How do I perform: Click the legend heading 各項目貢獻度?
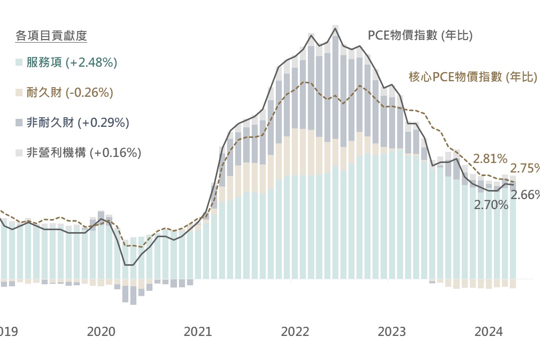[x=51, y=36]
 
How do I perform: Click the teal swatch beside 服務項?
[x=19, y=63]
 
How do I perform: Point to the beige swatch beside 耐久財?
[x=19, y=93]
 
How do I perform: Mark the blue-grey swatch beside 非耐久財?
[x=19, y=123]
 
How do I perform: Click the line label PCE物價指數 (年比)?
[x=420, y=35]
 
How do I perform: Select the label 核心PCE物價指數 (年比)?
[x=473, y=77]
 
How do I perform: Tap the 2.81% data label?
[x=490, y=159]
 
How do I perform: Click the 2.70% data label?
[x=491, y=205]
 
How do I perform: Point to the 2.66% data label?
[x=525, y=195]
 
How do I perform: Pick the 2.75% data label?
[x=525, y=168]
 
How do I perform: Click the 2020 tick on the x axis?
[x=101, y=331]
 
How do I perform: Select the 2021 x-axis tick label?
[x=198, y=331]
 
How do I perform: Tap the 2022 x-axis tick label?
[x=295, y=331]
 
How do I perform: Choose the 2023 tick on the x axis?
[x=392, y=331]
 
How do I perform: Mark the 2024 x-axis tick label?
[x=488, y=331]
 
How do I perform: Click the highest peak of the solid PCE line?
[x=335, y=29]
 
